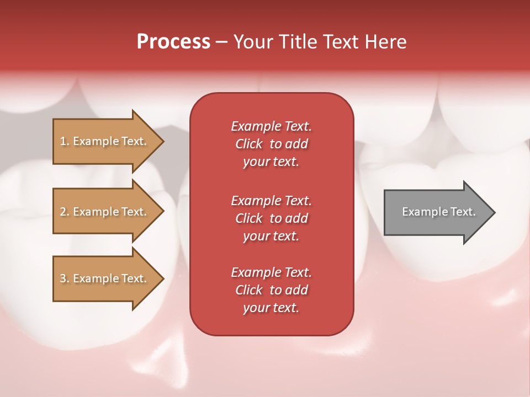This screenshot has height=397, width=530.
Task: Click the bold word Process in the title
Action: click(x=173, y=42)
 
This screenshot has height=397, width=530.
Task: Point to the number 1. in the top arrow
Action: click(x=64, y=141)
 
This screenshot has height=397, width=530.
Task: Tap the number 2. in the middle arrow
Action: click(x=64, y=212)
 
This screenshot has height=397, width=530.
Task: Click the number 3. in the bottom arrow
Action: click(x=64, y=278)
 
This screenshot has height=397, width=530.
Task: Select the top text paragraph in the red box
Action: click(x=271, y=144)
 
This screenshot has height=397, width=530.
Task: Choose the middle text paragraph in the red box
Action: click(x=271, y=218)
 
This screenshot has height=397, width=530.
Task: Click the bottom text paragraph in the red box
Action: click(x=271, y=290)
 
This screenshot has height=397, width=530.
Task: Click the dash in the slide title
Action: click(x=222, y=42)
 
